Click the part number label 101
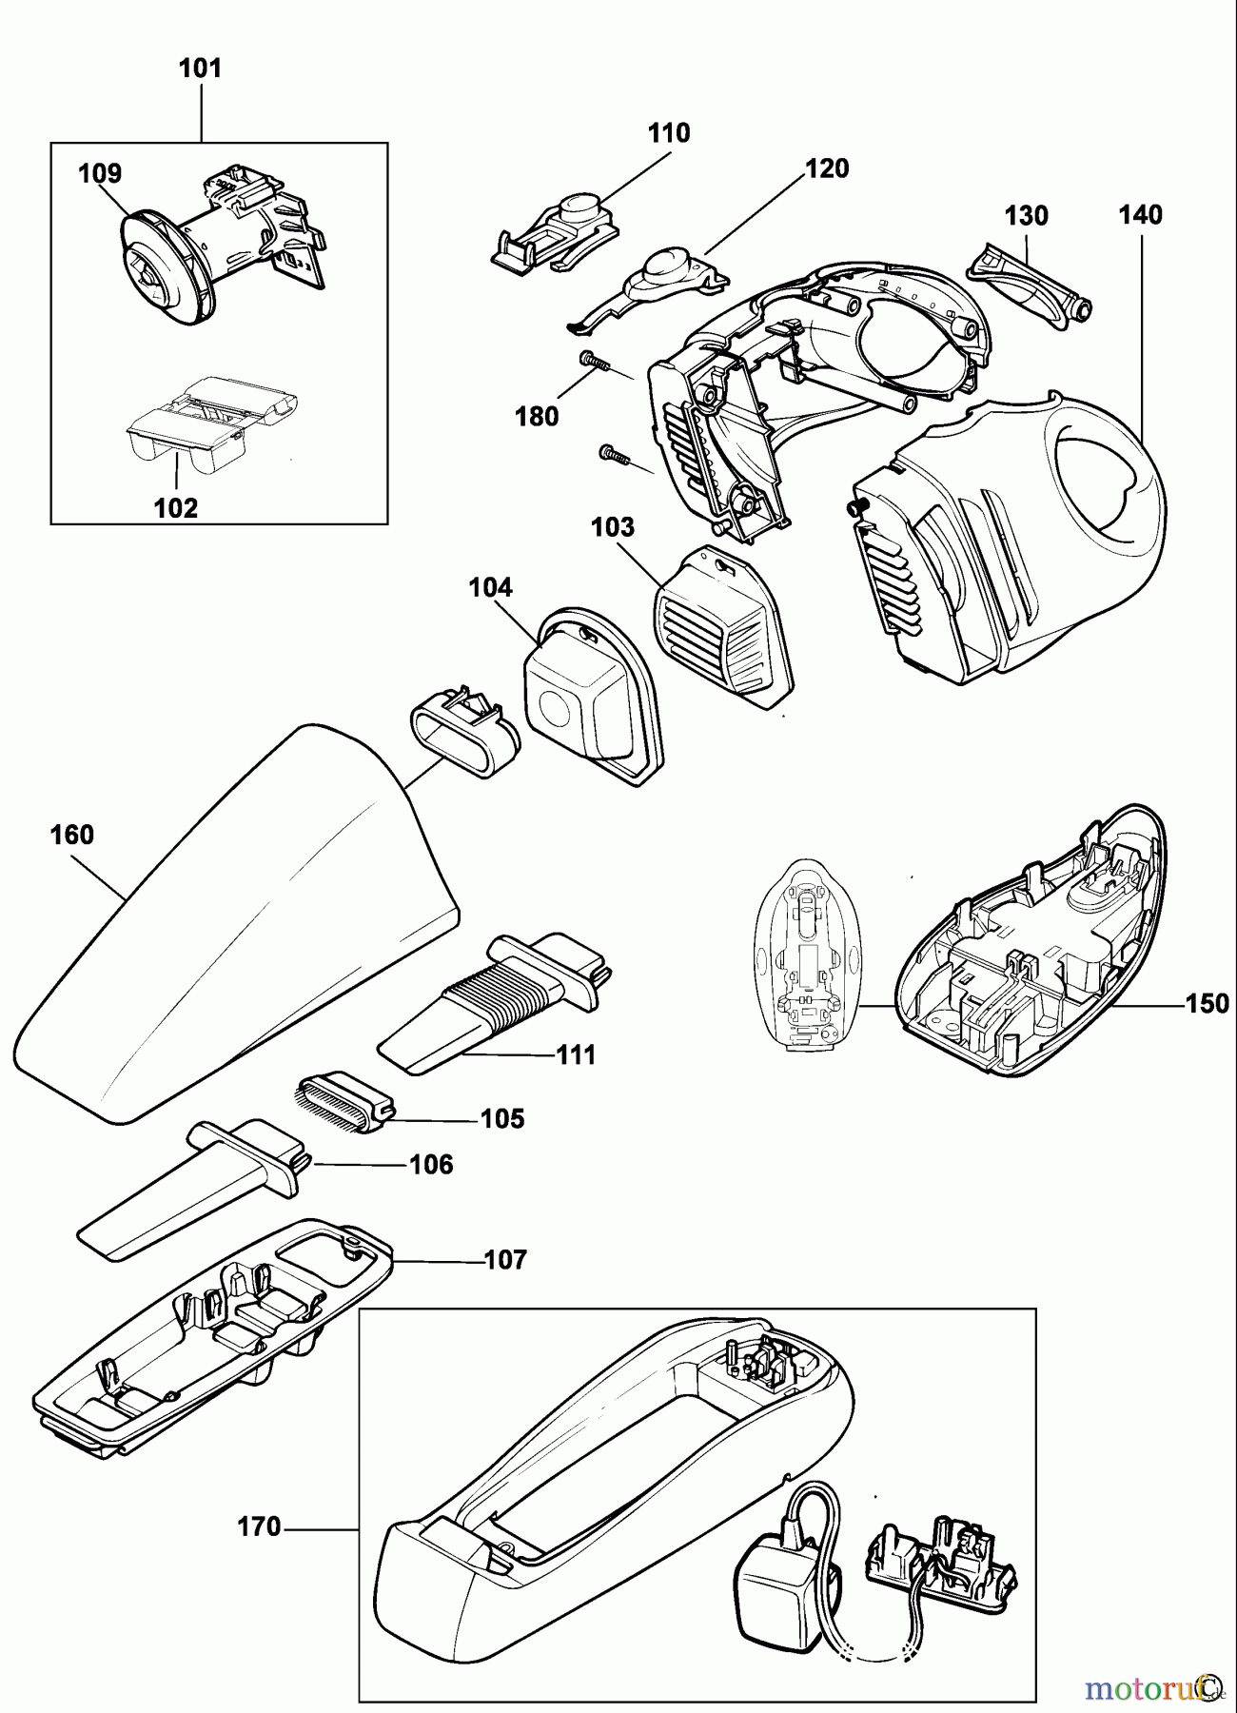[200, 69]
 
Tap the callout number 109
[100, 173]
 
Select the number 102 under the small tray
[176, 507]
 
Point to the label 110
[669, 133]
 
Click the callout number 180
[537, 416]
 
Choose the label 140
[1140, 215]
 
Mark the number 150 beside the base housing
[1207, 1004]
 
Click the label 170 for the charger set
[259, 1527]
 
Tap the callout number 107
[505, 1260]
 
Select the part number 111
[577, 1054]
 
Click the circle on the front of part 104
[553, 709]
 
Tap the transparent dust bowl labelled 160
[238, 933]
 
